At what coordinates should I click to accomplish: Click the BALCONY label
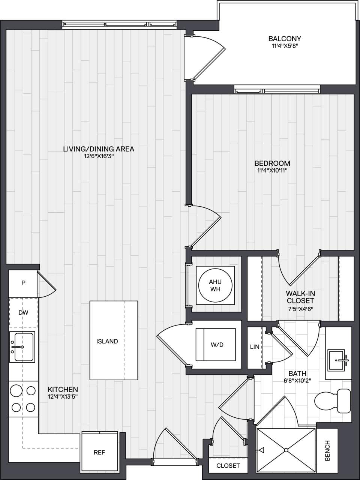coord(285,39)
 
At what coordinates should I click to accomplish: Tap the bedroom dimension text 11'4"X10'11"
coord(272,171)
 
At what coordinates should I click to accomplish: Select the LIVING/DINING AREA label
coord(99,149)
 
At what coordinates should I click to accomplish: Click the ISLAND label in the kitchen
coord(107,341)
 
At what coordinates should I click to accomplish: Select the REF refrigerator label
coord(99,453)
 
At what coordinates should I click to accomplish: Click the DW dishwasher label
coord(23,312)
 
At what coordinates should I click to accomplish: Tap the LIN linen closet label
coord(255,347)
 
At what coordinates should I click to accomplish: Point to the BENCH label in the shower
coord(327,450)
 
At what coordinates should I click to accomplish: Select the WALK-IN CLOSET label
coord(300,297)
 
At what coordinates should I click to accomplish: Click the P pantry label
coord(23,283)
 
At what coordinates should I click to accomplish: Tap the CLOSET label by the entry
coord(228,466)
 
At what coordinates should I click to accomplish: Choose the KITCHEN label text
coord(63,390)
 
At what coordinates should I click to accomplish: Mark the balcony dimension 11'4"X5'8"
coord(285,46)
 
